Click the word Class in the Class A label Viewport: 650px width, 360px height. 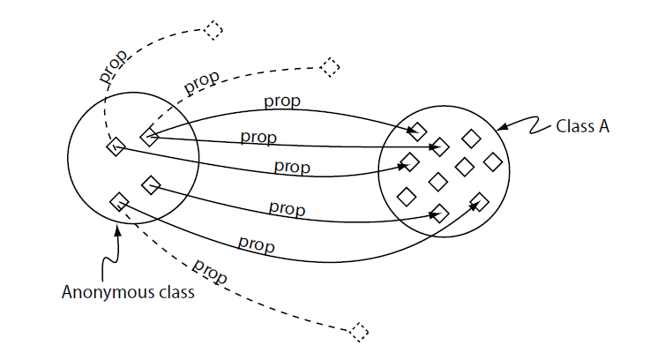pos(574,125)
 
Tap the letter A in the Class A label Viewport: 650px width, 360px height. pos(603,125)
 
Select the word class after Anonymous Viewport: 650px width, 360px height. pos(172,293)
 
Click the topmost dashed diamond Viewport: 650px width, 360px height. pos(213,30)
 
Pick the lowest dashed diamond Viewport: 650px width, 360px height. pos(358,332)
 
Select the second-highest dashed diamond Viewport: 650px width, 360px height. pos(329,66)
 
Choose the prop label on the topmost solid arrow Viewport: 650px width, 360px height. pos(282,101)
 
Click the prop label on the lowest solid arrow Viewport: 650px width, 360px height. pos(256,244)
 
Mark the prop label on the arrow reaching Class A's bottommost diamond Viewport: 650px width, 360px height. pos(288,209)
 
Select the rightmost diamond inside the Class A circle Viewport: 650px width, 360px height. pos(492,161)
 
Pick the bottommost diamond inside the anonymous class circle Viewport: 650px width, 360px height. pos(118,202)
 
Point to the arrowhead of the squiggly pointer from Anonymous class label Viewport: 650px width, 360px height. pos(117,231)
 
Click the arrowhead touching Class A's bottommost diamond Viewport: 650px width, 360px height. pos(432,212)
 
